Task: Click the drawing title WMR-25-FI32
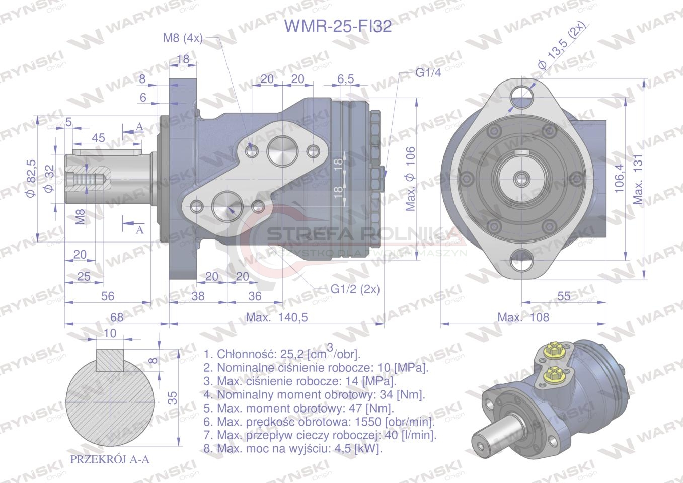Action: (x=338, y=26)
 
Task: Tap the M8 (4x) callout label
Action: (x=182, y=38)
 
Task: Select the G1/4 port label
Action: (x=428, y=73)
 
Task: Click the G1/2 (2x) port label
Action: (x=355, y=289)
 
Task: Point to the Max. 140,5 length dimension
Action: (x=276, y=317)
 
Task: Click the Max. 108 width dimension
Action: (x=523, y=317)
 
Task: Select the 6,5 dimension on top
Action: (x=345, y=79)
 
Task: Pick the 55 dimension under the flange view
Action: (x=564, y=296)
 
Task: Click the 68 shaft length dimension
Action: (x=116, y=317)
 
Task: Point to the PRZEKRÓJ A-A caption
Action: (x=110, y=459)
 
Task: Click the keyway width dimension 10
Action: (x=109, y=333)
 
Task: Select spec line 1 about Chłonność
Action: (x=282, y=353)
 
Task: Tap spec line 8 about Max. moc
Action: (x=293, y=448)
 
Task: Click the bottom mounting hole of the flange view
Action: (x=522, y=262)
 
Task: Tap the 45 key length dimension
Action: (x=99, y=138)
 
